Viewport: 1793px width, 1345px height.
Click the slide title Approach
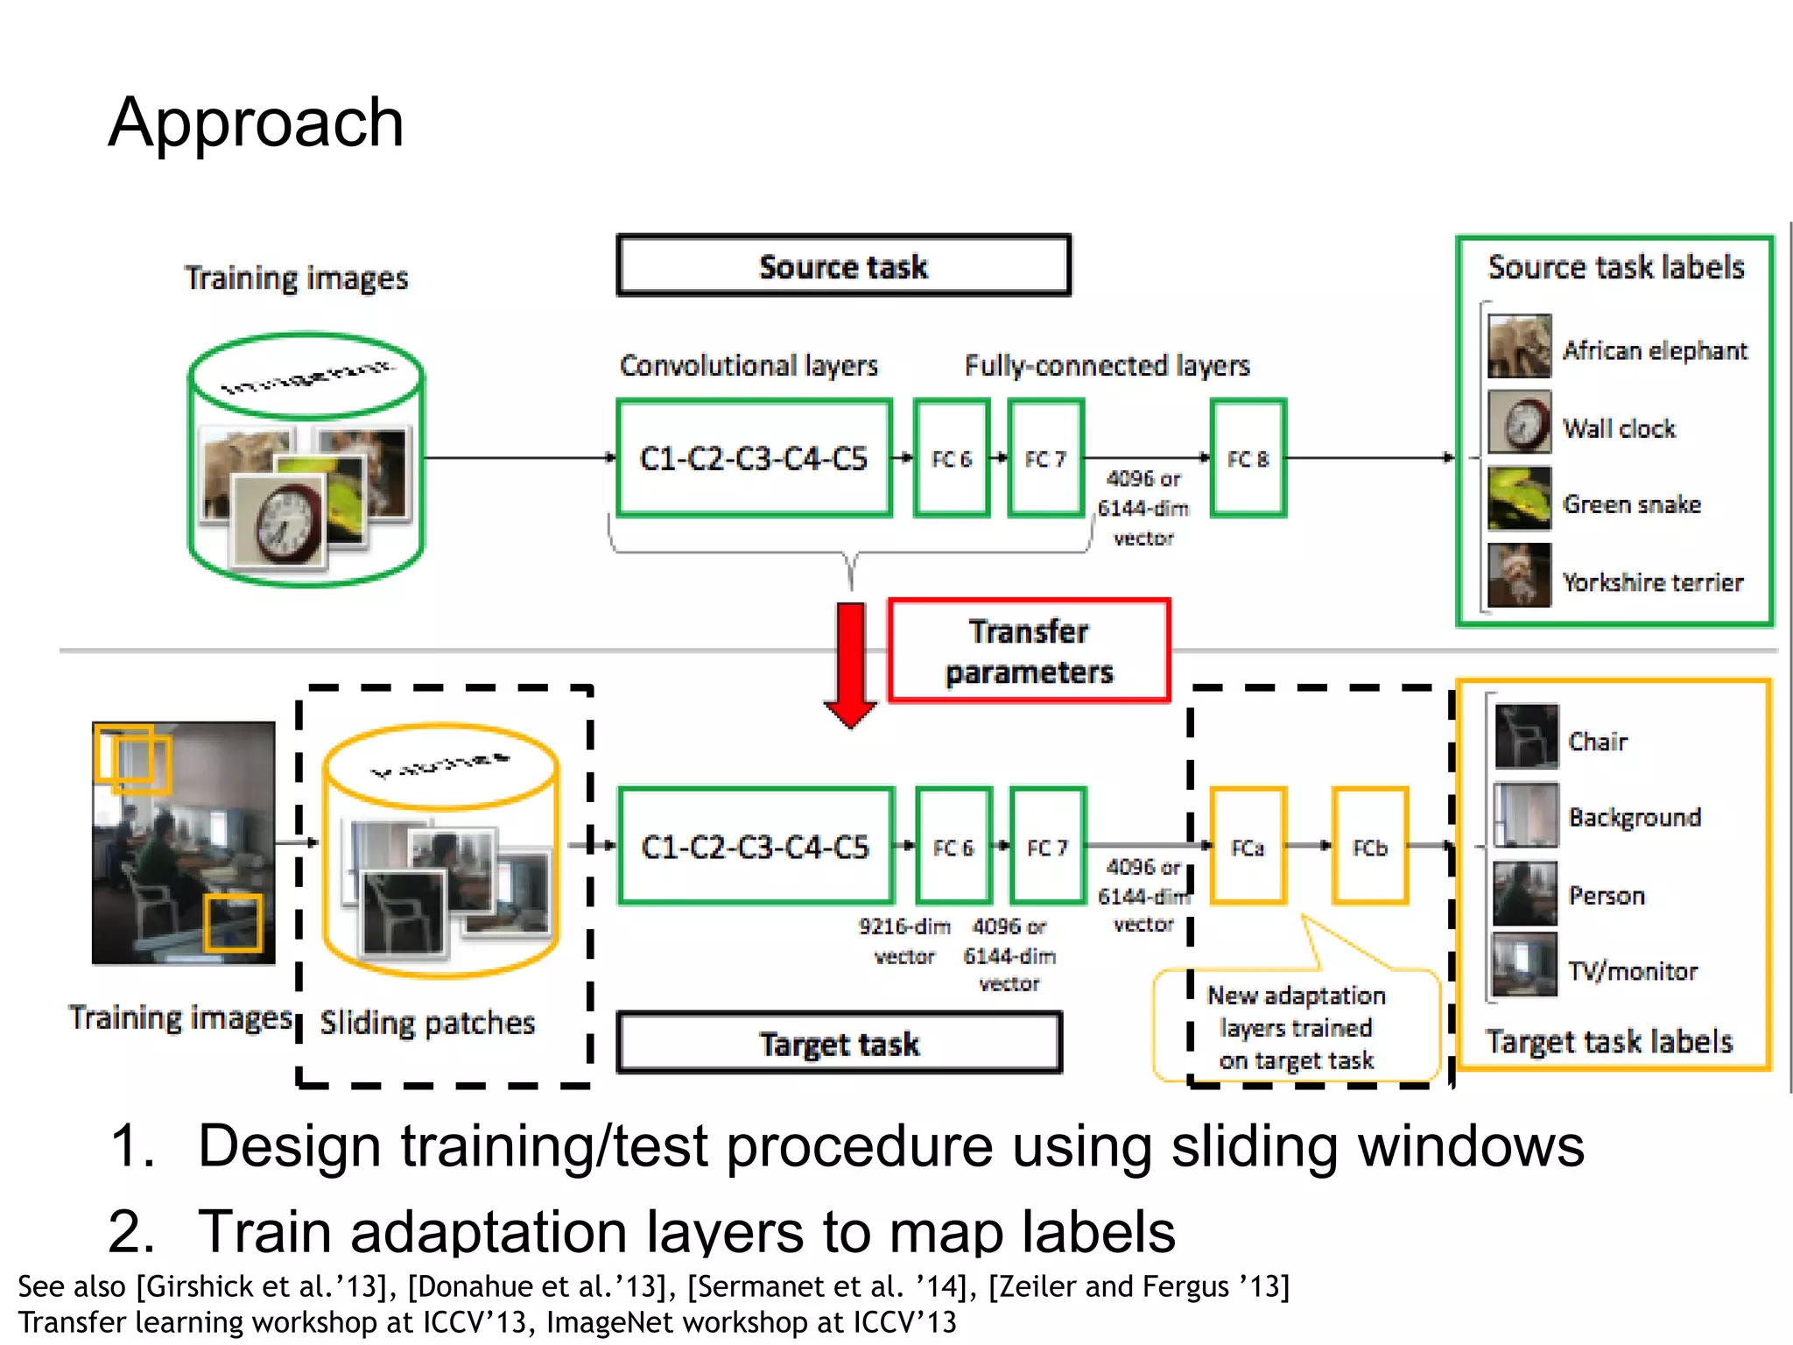(256, 123)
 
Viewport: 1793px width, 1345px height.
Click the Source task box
(843, 266)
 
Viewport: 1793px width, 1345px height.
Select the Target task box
(839, 1043)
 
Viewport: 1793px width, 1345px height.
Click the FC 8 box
(1248, 459)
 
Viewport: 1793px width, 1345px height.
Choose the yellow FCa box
(1248, 847)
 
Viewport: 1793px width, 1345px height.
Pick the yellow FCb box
(1369, 847)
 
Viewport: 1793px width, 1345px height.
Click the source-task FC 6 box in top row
(952, 459)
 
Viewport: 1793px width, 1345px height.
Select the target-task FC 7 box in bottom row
(1047, 847)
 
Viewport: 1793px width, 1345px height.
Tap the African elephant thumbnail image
(1519, 347)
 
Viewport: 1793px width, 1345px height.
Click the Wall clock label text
(1619, 428)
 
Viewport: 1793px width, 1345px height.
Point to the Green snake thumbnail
(1519, 499)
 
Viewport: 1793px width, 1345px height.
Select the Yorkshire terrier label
(1652, 582)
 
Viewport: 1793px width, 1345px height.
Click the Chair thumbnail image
(1526, 736)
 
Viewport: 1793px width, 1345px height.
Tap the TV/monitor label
(1632, 971)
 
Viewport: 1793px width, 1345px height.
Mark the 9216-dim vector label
(904, 940)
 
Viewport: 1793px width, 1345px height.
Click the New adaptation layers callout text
(1296, 1028)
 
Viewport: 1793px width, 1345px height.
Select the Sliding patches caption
(427, 1023)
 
